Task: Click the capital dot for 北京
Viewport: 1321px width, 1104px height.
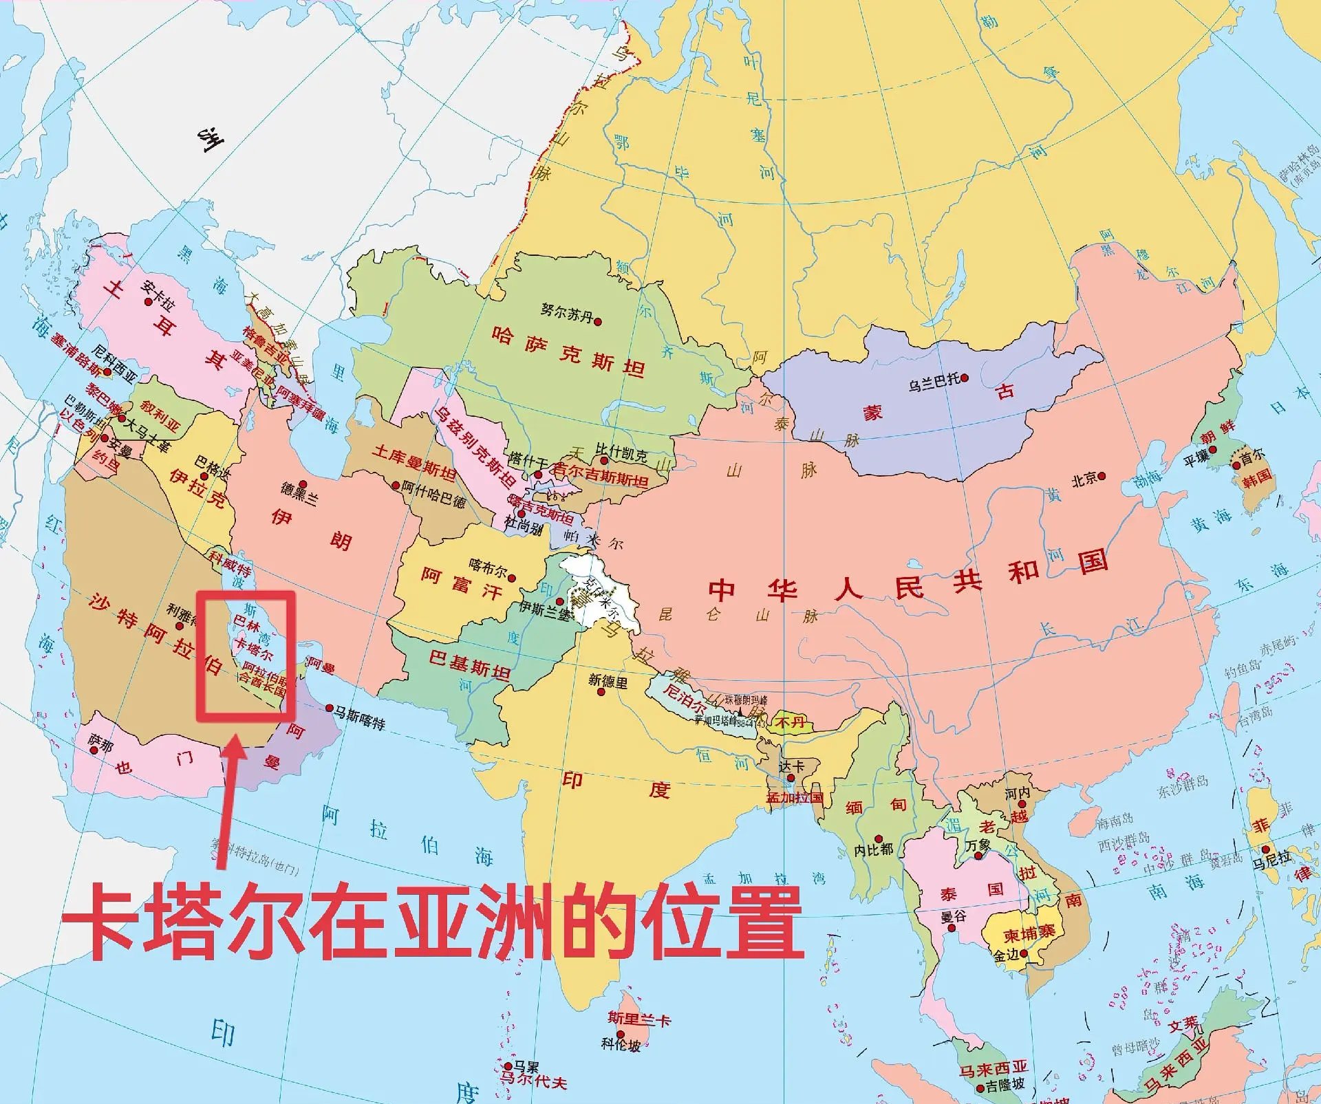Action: pyautogui.click(x=1102, y=476)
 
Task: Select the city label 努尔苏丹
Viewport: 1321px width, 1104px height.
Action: pyautogui.click(x=566, y=313)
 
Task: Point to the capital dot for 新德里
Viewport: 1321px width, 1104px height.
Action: pyautogui.click(x=601, y=692)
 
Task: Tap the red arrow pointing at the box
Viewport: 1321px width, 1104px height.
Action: pyautogui.click(x=231, y=798)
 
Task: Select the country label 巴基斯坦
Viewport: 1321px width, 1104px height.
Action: pyautogui.click(x=469, y=663)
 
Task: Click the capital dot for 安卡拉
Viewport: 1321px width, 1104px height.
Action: pyautogui.click(x=147, y=301)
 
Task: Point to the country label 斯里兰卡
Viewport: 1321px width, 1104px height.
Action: pyautogui.click(x=638, y=1018)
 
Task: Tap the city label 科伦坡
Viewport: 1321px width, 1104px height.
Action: pyautogui.click(x=621, y=1045)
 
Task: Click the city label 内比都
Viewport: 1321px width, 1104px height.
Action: pyautogui.click(x=873, y=850)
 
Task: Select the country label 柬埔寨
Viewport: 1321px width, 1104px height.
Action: pyautogui.click(x=1029, y=934)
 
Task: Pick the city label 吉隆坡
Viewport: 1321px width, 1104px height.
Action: pyautogui.click(x=1005, y=1085)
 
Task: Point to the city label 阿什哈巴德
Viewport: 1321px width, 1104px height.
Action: pyautogui.click(x=433, y=495)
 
